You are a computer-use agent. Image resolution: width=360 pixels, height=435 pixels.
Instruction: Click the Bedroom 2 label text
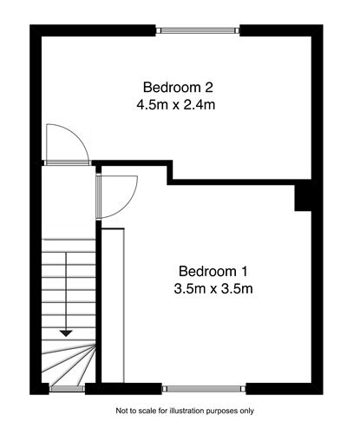178,87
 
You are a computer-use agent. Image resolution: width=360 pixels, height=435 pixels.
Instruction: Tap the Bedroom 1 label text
213,271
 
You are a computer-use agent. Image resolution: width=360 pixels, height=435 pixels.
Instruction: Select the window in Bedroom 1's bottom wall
204,388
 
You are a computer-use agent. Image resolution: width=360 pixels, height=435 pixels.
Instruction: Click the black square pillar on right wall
304,197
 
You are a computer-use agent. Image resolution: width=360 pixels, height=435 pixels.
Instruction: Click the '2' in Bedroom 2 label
209,87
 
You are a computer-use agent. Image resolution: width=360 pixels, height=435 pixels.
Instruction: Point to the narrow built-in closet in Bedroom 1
115,304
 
